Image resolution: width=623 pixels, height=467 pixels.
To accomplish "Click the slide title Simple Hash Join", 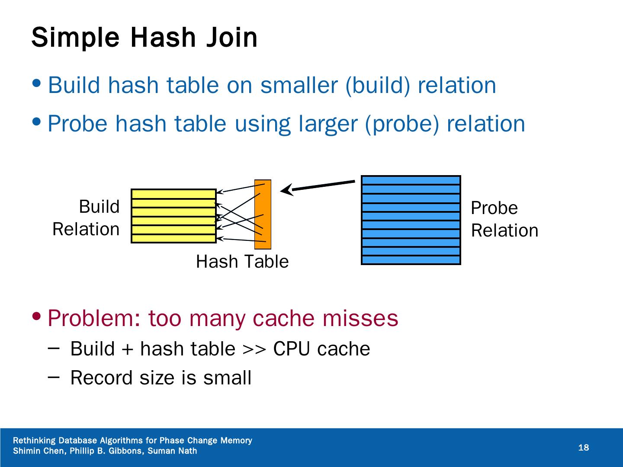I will point(144,38).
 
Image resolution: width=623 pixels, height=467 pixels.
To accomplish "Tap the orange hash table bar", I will point(263,214).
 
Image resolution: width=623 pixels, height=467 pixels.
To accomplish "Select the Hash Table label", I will point(242,262).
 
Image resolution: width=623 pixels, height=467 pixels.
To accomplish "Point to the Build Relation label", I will point(87,218).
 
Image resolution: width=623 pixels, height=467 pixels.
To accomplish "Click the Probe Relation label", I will point(504,219).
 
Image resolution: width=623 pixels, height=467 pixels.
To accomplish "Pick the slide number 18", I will point(584,448).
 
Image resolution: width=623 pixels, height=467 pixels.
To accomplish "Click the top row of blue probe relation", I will point(411,180).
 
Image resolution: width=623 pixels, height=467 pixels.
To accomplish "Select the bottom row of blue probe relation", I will point(411,260).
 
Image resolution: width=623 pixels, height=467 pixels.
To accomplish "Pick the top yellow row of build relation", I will point(173,194).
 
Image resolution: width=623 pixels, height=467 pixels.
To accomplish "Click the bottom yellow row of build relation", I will point(173,238).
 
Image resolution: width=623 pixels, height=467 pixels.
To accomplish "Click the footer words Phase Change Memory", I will point(206,441).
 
